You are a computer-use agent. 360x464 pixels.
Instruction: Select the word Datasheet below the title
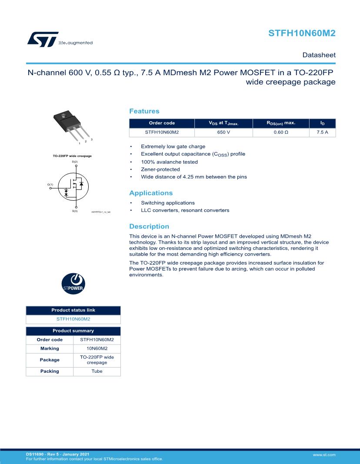pos(319,55)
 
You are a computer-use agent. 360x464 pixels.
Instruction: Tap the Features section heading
pos(144,111)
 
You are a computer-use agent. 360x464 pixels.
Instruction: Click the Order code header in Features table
pos(162,123)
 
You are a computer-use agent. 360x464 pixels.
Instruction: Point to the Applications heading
pos(151,193)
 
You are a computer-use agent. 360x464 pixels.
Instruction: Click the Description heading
pos(149,226)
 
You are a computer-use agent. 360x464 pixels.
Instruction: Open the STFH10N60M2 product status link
pos(73,319)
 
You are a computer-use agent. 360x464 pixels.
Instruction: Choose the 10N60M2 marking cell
pos(97,348)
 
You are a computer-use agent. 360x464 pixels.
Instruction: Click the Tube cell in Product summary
pos(97,371)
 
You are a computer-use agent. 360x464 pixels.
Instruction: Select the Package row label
pos(50,360)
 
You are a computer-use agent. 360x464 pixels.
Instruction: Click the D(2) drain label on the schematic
pos(75,162)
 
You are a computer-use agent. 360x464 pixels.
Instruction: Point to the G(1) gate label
pos(50,184)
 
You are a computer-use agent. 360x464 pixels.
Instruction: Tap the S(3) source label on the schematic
pos(75,211)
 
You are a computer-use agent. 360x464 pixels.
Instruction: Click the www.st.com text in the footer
pos(324,454)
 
